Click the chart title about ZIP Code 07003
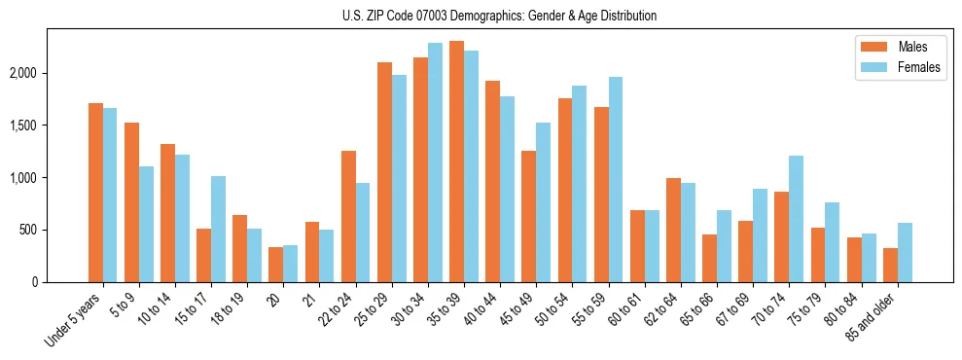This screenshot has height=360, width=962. point(499,16)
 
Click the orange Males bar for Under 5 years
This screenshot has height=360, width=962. point(95,193)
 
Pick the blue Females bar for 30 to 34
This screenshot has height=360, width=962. point(435,162)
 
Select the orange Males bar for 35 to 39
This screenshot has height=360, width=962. point(456,162)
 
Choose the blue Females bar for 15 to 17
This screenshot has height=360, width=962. point(218,229)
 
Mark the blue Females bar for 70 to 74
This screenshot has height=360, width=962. point(796,219)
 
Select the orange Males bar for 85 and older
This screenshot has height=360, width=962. point(890,265)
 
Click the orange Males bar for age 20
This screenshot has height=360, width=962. point(275,265)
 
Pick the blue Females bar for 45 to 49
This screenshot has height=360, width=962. point(543,202)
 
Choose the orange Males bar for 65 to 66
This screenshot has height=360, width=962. point(709,258)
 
